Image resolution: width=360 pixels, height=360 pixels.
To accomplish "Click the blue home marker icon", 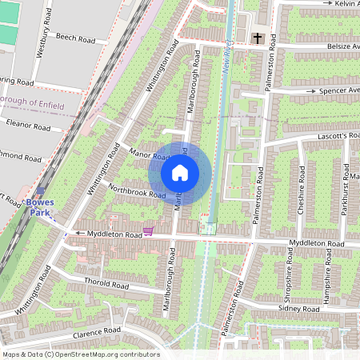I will [x=180, y=173].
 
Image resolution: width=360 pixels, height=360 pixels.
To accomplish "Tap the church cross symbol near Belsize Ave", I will [x=258, y=38].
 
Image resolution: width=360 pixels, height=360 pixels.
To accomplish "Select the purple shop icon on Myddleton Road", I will [x=148, y=232].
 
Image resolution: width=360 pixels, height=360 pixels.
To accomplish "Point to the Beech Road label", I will [x=75, y=38].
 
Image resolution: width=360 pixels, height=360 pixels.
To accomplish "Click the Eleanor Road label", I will [x=28, y=126].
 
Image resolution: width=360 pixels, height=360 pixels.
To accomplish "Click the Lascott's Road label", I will [x=336, y=136].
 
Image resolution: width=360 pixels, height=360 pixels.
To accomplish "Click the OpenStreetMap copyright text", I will [x=80, y=354].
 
